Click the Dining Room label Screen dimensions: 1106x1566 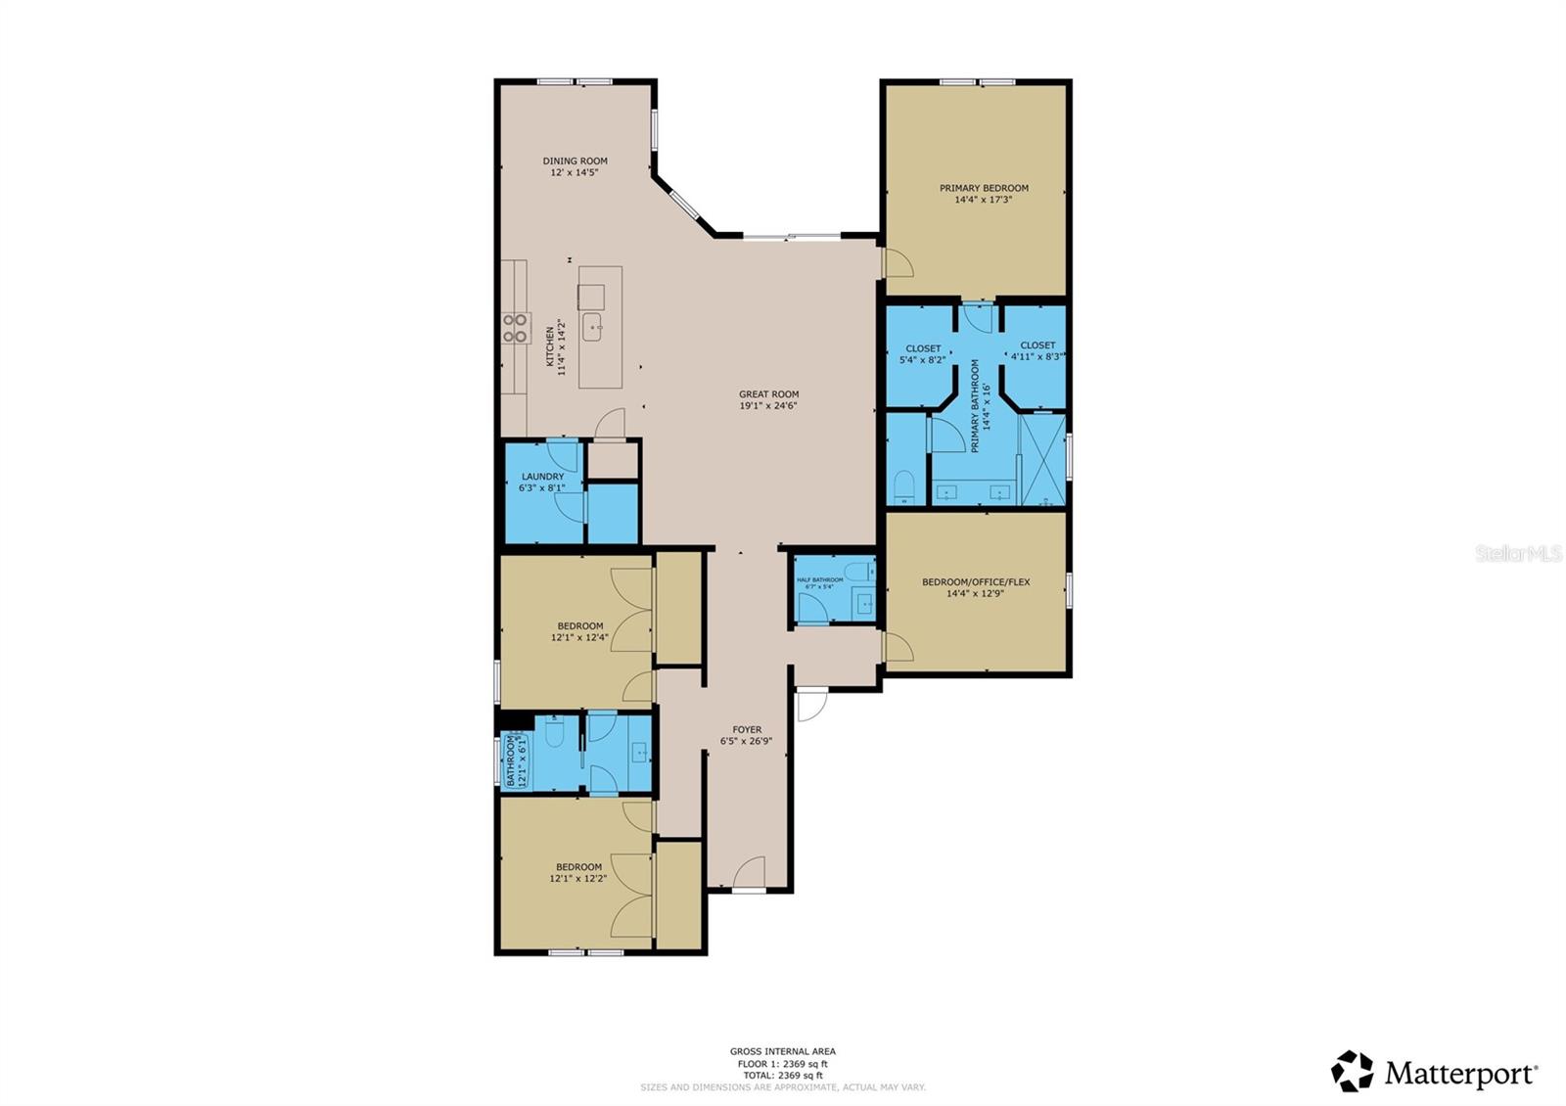click(x=576, y=161)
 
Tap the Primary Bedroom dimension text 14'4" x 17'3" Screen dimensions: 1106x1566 click(x=983, y=200)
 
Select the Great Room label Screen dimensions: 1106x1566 click(x=768, y=394)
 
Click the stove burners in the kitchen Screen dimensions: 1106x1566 click(x=515, y=328)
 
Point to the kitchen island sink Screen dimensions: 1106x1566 click(x=592, y=327)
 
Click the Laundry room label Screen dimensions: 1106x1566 click(x=542, y=477)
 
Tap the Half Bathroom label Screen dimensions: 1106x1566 click(x=819, y=579)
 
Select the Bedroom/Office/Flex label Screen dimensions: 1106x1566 click(x=976, y=582)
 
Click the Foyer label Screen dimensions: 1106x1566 click(x=747, y=730)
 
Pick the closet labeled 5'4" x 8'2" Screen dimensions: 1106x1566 click(x=922, y=353)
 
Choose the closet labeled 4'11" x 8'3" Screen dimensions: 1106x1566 click(x=1037, y=350)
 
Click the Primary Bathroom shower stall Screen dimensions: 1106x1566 click(x=1042, y=460)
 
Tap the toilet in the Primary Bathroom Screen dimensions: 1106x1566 click(x=904, y=485)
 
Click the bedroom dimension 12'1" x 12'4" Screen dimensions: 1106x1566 click(x=579, y=638)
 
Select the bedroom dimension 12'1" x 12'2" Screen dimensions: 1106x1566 click(x=577, y=879)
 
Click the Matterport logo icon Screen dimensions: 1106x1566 click(x=1353, y=1071)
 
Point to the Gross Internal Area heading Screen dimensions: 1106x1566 click(x=782, y=1052)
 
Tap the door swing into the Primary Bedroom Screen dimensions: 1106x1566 click(x=898, y=263)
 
